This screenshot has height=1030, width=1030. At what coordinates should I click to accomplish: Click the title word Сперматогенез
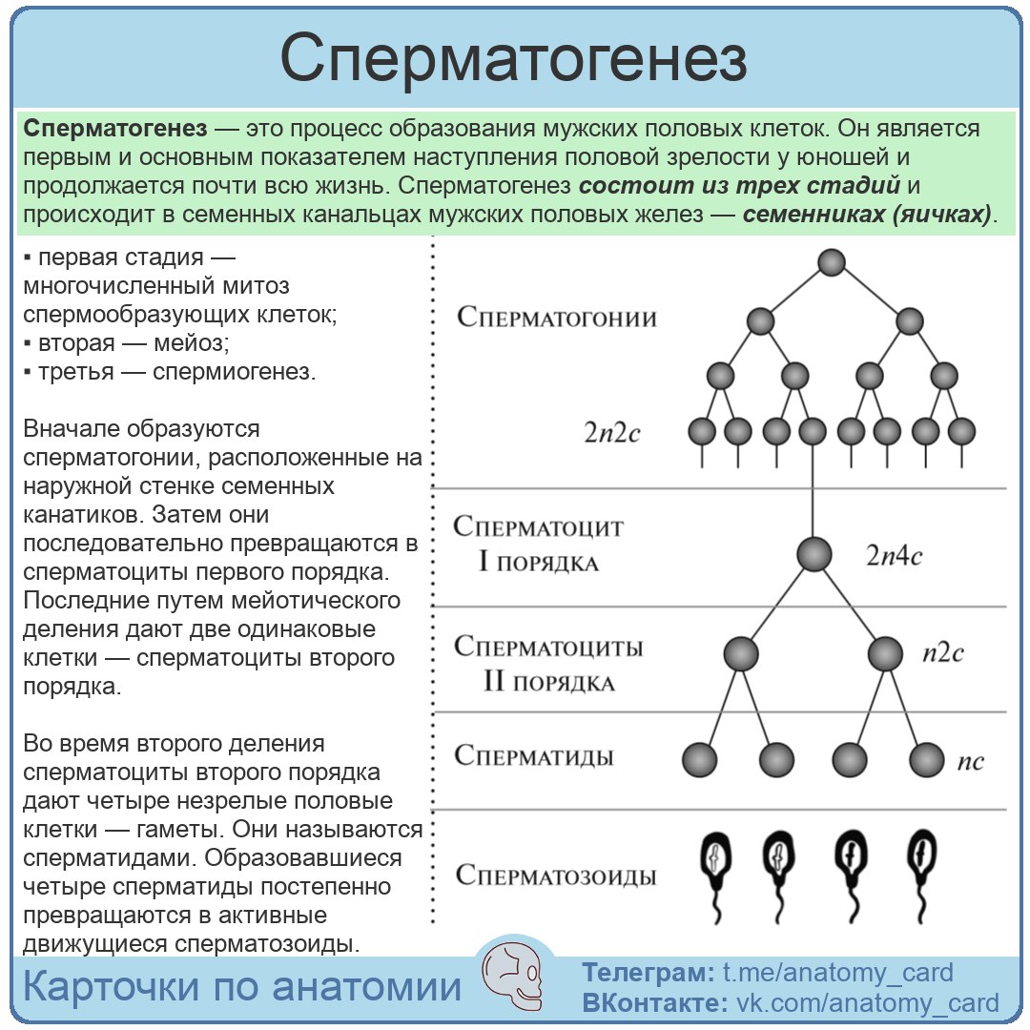(x=514, y=59)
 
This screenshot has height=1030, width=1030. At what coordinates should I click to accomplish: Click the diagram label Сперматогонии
(x=557, y=317)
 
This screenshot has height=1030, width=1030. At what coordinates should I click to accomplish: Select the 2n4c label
(x=894, y=556)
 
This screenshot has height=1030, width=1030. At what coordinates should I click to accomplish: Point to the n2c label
(x=942, y=653)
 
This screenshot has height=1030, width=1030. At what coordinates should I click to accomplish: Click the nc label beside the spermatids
(x=969, y=761)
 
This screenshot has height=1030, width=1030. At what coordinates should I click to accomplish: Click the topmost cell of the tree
(x=832, y=263)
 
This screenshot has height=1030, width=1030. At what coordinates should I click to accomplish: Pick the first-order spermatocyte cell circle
(x=814, y=554)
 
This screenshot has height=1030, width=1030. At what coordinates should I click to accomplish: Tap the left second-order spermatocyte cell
(x=741, y=654)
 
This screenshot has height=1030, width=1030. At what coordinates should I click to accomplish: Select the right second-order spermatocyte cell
(x=885, y=654)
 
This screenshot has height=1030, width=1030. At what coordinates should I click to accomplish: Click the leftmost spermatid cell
(x=700, y=760)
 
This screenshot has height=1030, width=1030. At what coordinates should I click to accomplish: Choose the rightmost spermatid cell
(x=925, y=760)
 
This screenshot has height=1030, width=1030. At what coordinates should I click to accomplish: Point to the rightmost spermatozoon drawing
(x=921, y=875)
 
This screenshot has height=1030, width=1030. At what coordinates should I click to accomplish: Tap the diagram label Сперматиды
(x=534, y=757)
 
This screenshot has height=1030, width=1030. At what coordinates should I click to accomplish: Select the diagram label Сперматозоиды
(x=556, y=875)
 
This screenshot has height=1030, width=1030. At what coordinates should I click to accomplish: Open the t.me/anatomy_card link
(x=837, y=973)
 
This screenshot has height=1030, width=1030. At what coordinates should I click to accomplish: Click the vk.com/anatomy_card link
(x=866, y=1003)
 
